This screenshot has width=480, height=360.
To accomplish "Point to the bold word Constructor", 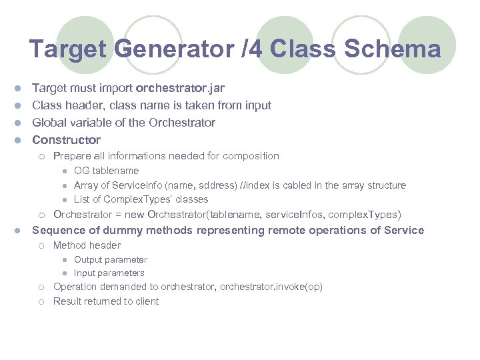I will pos(66,140).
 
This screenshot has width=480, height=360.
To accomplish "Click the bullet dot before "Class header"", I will pos(20,105).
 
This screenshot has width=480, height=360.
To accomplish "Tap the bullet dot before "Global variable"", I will pos(20,123).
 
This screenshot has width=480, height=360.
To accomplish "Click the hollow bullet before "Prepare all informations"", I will pos(41,157).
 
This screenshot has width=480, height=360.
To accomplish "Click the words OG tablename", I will pos(106,171).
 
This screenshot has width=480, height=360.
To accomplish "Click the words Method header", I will pos(87,245).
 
